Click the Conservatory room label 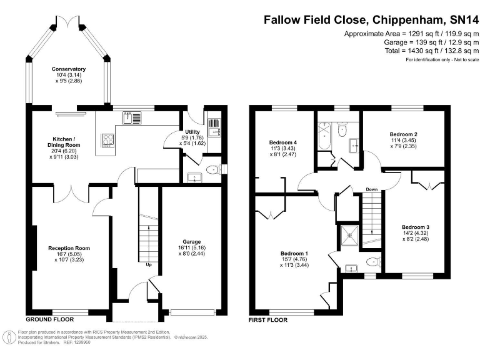click(69, 69)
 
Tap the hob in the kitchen click(107, 140)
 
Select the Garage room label click(192, 242)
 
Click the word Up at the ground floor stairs click(149, 264)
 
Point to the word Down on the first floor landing click(372, 189)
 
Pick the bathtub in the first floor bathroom click(324, 136)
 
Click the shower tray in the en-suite click(349, 236)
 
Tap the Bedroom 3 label click(416, 227)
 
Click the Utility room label click(192, 132)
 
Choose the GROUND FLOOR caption click(50, 319)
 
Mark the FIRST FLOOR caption click(268, 320)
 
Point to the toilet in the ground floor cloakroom click(213, 169)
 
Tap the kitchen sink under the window click(132, 118)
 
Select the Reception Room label click(69, 248)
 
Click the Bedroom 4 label click(283, 142)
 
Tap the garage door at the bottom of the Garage click(192, 312)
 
